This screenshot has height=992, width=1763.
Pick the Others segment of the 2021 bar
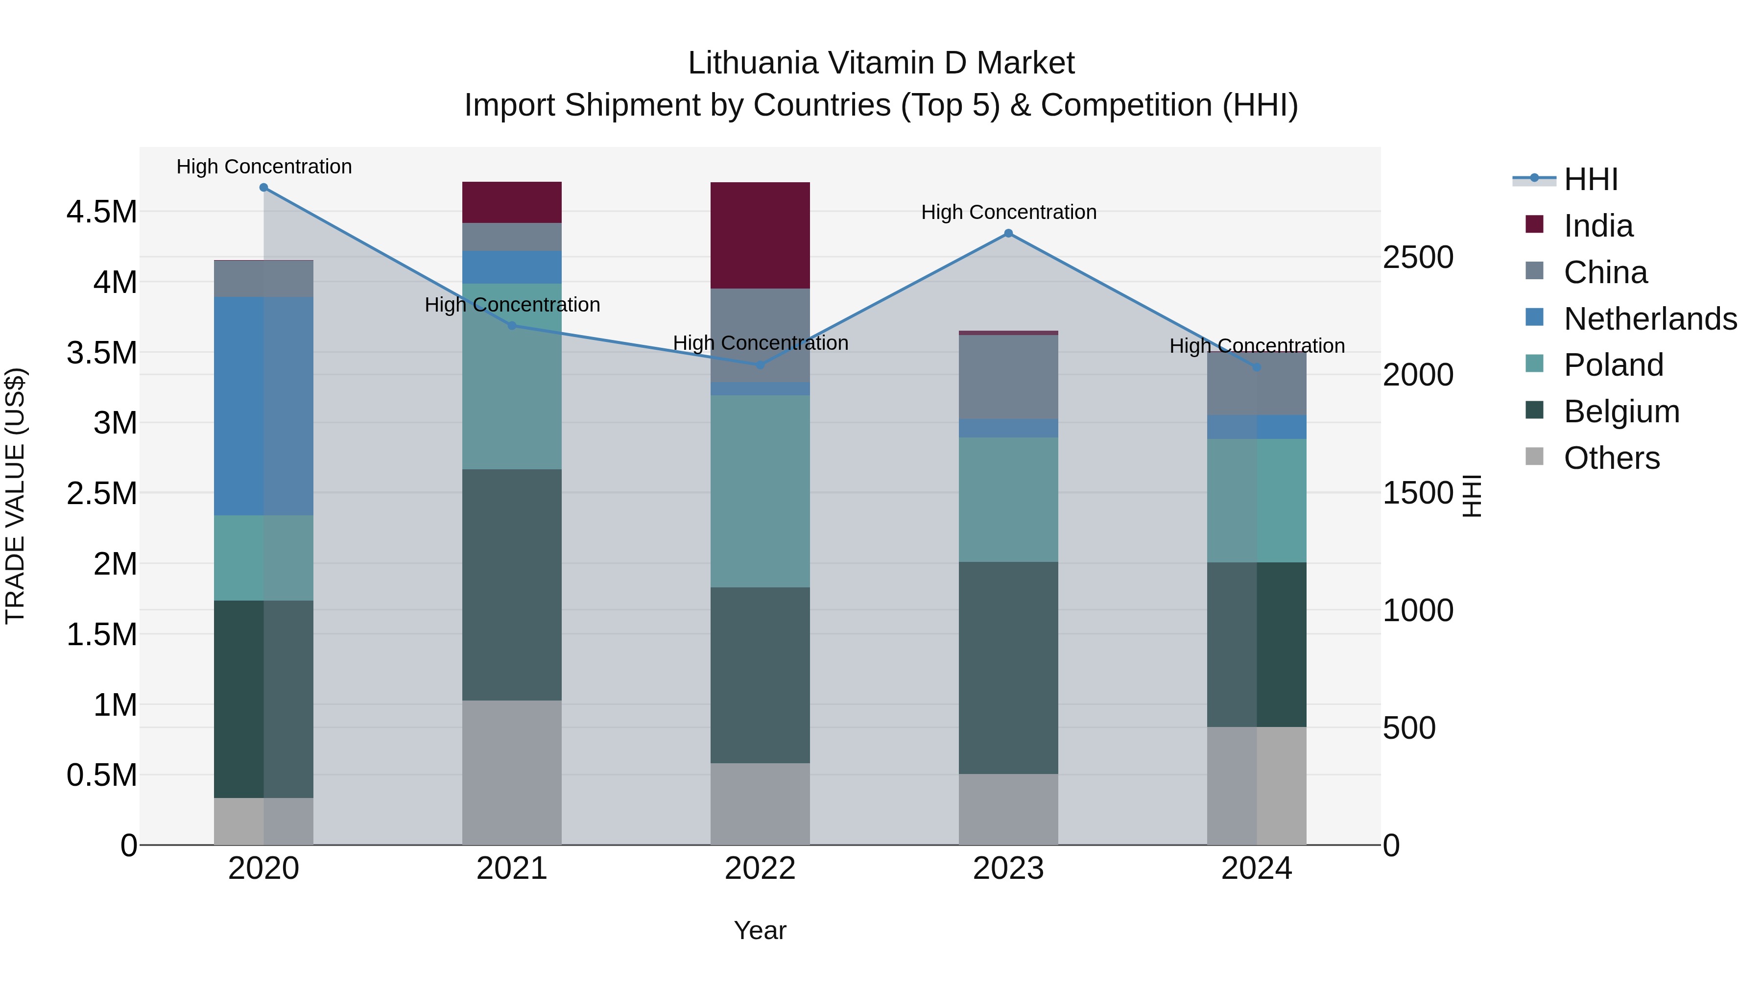[x=511, y=772]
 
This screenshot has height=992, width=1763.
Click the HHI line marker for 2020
[x=263, y=188]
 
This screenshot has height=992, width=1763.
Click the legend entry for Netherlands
[x=1649, y=319]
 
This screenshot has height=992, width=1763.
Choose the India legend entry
[x=1597, y=226]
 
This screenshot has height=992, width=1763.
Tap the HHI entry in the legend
[x=1590, y=179]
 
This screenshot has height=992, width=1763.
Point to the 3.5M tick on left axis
[x=101, y=353]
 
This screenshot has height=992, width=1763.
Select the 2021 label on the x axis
[x=511, y=869]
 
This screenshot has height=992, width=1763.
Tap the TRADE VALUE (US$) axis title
[x=15, y=496]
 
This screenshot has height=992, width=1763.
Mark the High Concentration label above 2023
[x=1008, y=212]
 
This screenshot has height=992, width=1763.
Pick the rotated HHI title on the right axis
[x=1472, y=496]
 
